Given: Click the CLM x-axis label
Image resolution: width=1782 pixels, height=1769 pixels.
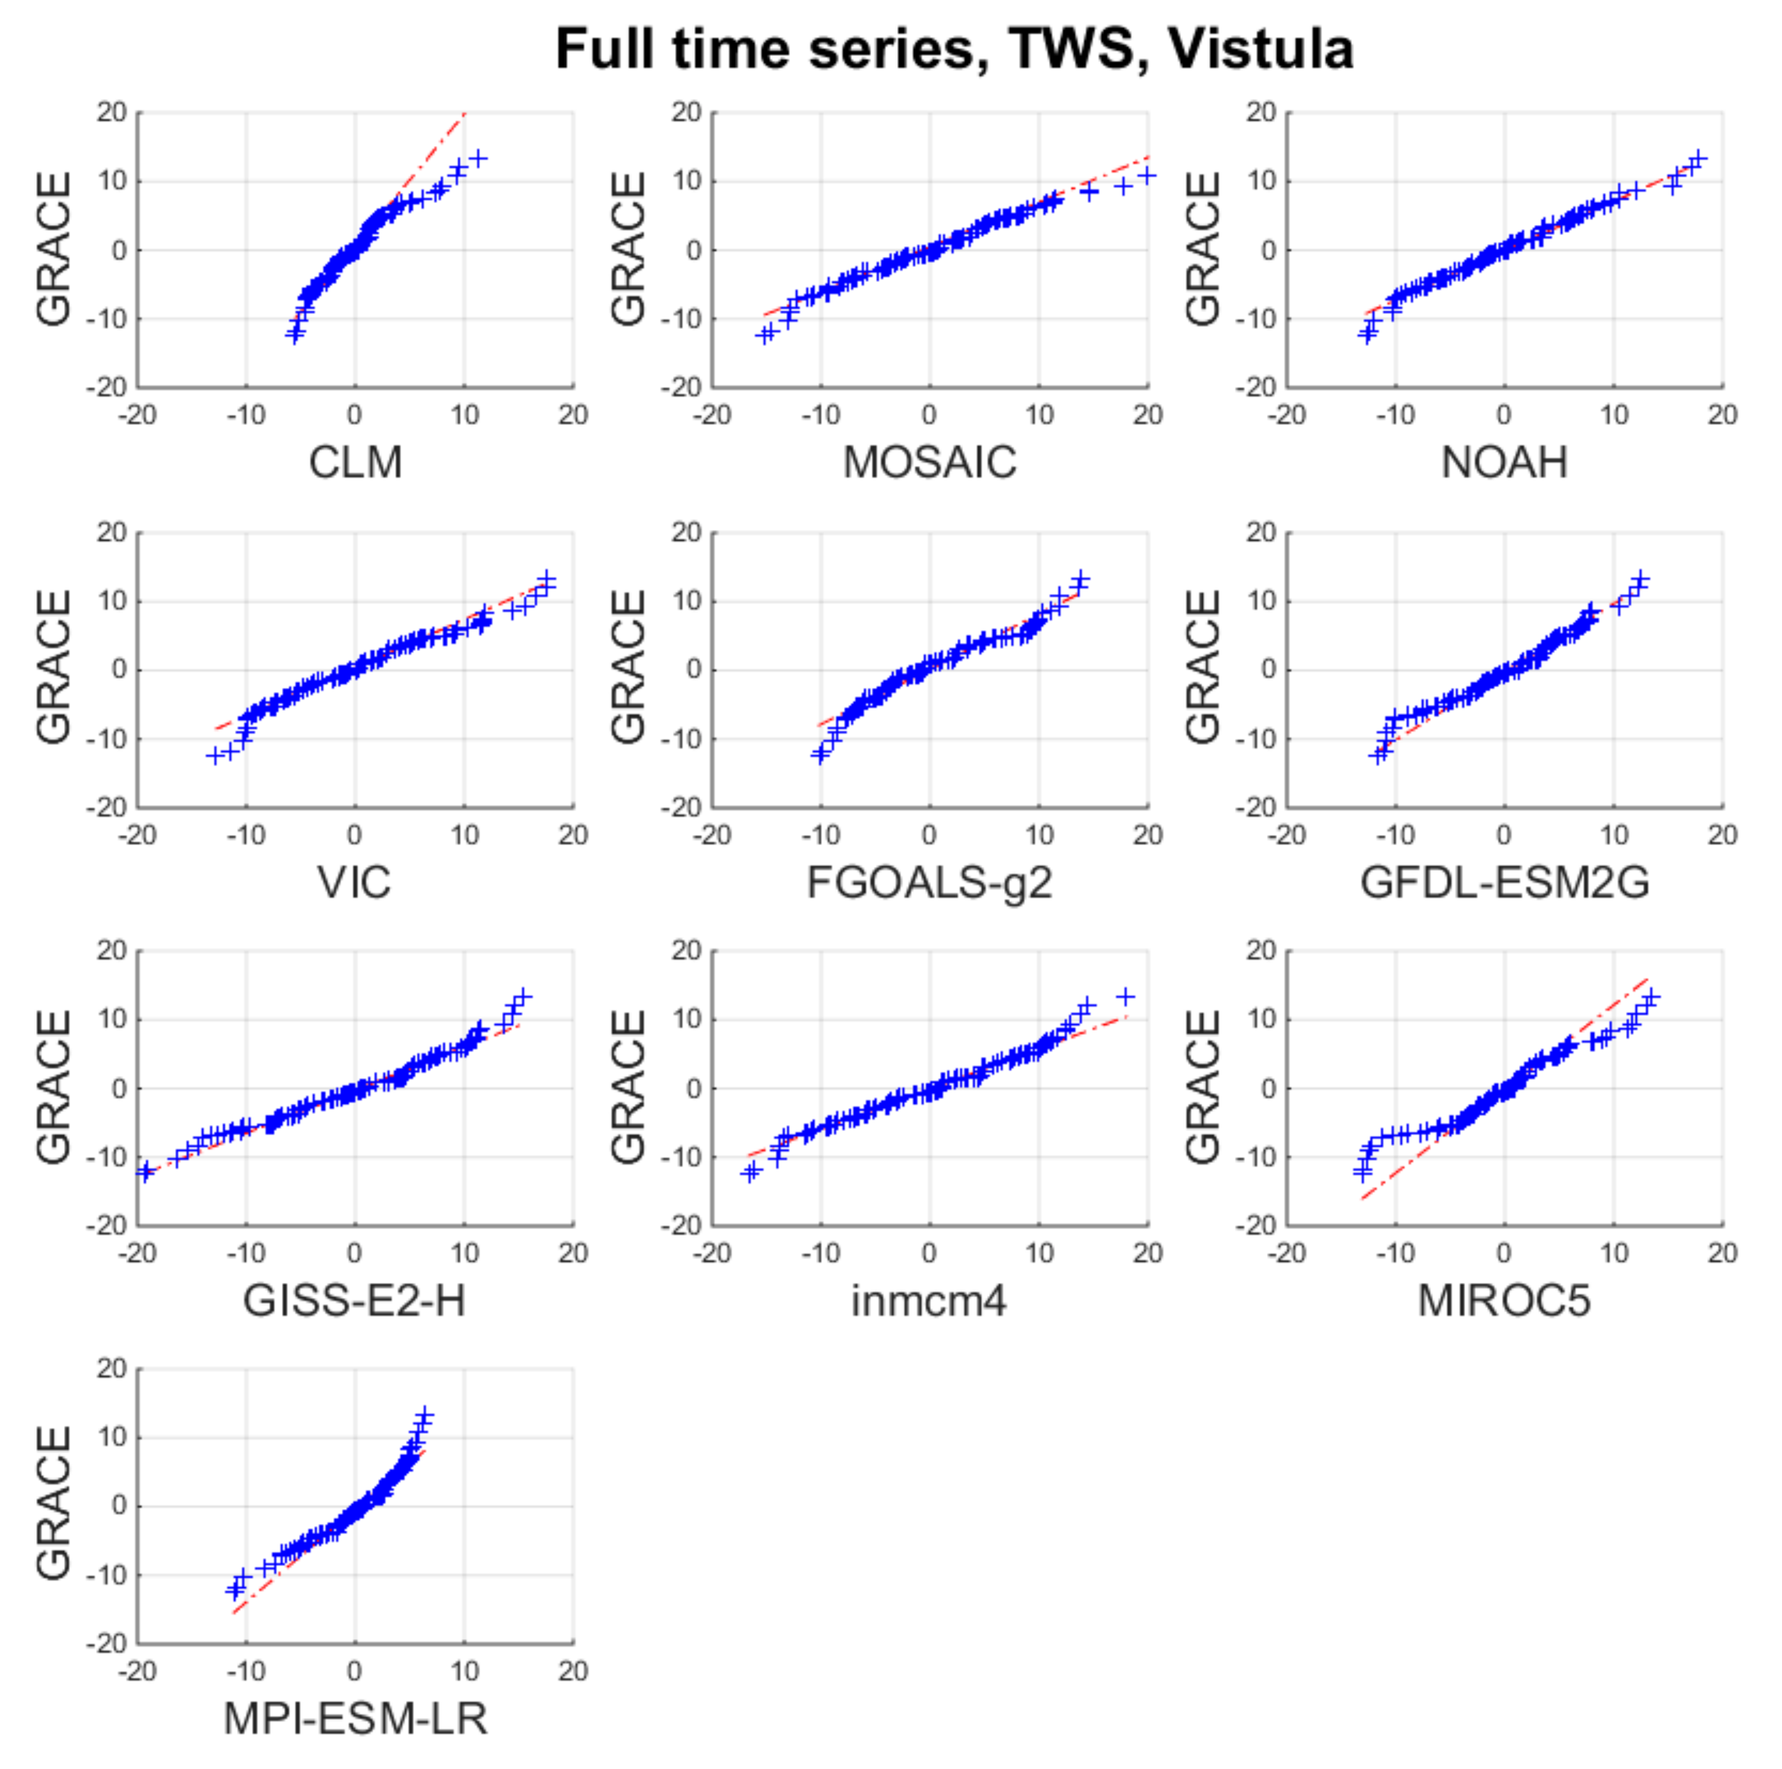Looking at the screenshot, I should (355, 462).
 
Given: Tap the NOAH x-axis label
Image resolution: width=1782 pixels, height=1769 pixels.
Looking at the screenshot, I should (1504, 462).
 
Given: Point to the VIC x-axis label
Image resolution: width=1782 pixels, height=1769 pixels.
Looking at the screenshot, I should (355, 882).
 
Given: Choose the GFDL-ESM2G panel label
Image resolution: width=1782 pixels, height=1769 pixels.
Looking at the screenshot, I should (1504, 882).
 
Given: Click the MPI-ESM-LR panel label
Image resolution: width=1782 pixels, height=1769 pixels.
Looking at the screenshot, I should (355, 1719).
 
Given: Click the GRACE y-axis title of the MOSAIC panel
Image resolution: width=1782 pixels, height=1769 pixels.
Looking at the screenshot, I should (628, 249).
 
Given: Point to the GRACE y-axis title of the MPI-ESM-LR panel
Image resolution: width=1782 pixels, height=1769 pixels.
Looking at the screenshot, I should (53, 1504).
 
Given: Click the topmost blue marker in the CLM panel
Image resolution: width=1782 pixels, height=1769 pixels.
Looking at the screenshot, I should (478, 158).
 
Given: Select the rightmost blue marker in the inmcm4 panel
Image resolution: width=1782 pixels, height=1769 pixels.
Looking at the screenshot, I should (1125, 997).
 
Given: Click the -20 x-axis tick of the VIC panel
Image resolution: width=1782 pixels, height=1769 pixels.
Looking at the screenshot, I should (138, 835).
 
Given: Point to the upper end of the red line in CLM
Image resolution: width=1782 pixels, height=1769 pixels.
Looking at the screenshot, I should (466, 113).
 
